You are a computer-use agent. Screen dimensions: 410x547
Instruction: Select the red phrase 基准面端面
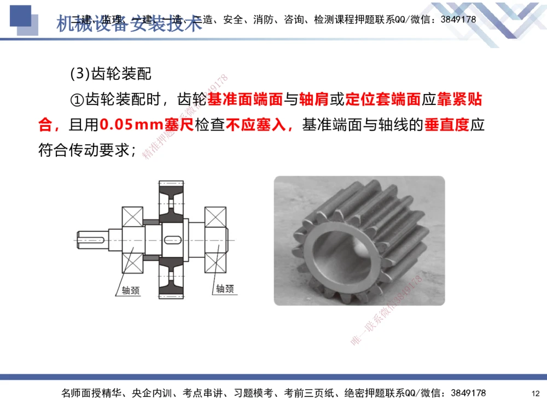tap(245, 100)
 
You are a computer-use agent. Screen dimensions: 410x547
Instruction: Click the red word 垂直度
tap(447, 125)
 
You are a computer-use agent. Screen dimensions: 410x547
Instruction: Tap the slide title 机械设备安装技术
tap(129, 23)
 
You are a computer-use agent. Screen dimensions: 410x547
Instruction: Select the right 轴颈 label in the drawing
tap(224, 288)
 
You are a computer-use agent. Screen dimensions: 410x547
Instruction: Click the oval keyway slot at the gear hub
tap(172, 239)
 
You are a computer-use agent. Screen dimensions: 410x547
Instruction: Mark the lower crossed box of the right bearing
tap(216, 261)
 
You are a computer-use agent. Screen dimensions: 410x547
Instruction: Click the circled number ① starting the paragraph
tap(76, 100)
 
